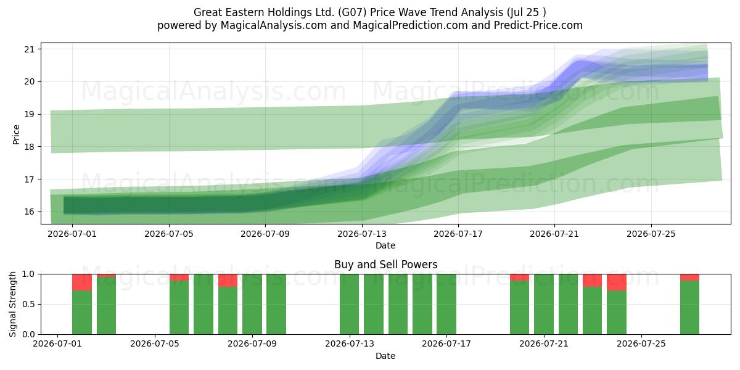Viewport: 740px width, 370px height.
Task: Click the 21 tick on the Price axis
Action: tap(30, 49)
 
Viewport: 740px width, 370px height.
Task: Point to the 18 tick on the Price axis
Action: tap(30, 147)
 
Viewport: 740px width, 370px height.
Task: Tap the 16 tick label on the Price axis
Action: tap(30, 212)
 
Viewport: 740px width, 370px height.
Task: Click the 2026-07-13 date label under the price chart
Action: tap(362, 234)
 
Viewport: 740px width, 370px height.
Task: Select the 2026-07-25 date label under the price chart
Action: tap(651, 234)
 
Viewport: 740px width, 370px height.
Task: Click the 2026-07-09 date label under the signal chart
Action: tap(252, 343)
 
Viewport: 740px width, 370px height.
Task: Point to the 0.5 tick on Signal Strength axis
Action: tap(28, 304)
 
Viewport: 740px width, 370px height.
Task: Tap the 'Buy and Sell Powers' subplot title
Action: tap(385, 265)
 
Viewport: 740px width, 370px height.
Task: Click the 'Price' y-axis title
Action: tap(16, 134)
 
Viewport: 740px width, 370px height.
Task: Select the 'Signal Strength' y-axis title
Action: tap(12, 304)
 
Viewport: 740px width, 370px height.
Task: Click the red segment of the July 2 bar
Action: tap(82, 282)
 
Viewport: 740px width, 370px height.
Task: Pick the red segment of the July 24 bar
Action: tap(617, 282)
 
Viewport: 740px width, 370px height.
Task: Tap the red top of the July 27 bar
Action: tap(689, 277)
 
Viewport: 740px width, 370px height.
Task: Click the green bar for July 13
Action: tap(349, 304)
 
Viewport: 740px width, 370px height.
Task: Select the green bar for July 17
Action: tap(446, 304)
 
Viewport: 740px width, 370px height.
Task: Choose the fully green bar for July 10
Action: tap(276, 304)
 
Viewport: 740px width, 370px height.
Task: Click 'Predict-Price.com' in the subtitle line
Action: tap(538, 25)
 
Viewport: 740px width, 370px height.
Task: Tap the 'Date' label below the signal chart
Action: tap(385, 356)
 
